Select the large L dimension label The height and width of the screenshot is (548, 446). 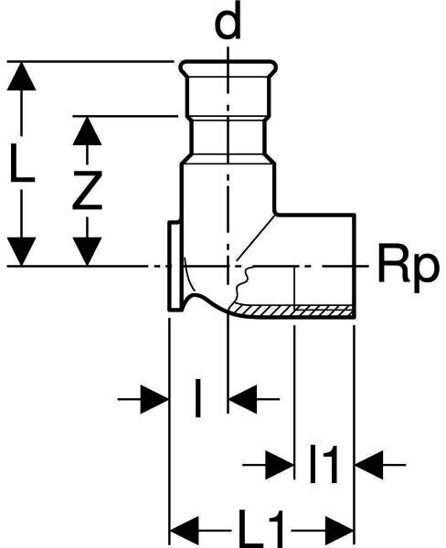point(22,163)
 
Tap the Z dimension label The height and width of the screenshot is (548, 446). point(87,191)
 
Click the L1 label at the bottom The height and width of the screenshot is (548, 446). point(261,530)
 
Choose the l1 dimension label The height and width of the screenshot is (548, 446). point(324,464)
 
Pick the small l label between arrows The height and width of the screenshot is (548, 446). point(198,398)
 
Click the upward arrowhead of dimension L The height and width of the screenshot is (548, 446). point(21,76)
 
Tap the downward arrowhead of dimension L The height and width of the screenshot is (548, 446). point(21,251)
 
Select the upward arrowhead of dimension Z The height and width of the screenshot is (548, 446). point(87,131)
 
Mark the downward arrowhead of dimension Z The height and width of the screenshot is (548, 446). point(87,251)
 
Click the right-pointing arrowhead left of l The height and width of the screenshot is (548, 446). point(154,399)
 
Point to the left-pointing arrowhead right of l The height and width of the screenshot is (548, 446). point(242,399)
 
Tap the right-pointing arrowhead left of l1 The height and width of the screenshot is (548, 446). point(280,465)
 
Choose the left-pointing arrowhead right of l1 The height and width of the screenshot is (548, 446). point(369,465)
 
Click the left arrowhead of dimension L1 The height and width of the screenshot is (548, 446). point(184,531)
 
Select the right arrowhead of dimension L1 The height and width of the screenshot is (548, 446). point(340,531)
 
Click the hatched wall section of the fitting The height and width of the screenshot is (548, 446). point(293,310)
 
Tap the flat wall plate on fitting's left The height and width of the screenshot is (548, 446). point(175,266)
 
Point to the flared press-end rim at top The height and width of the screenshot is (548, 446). point(228,67)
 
